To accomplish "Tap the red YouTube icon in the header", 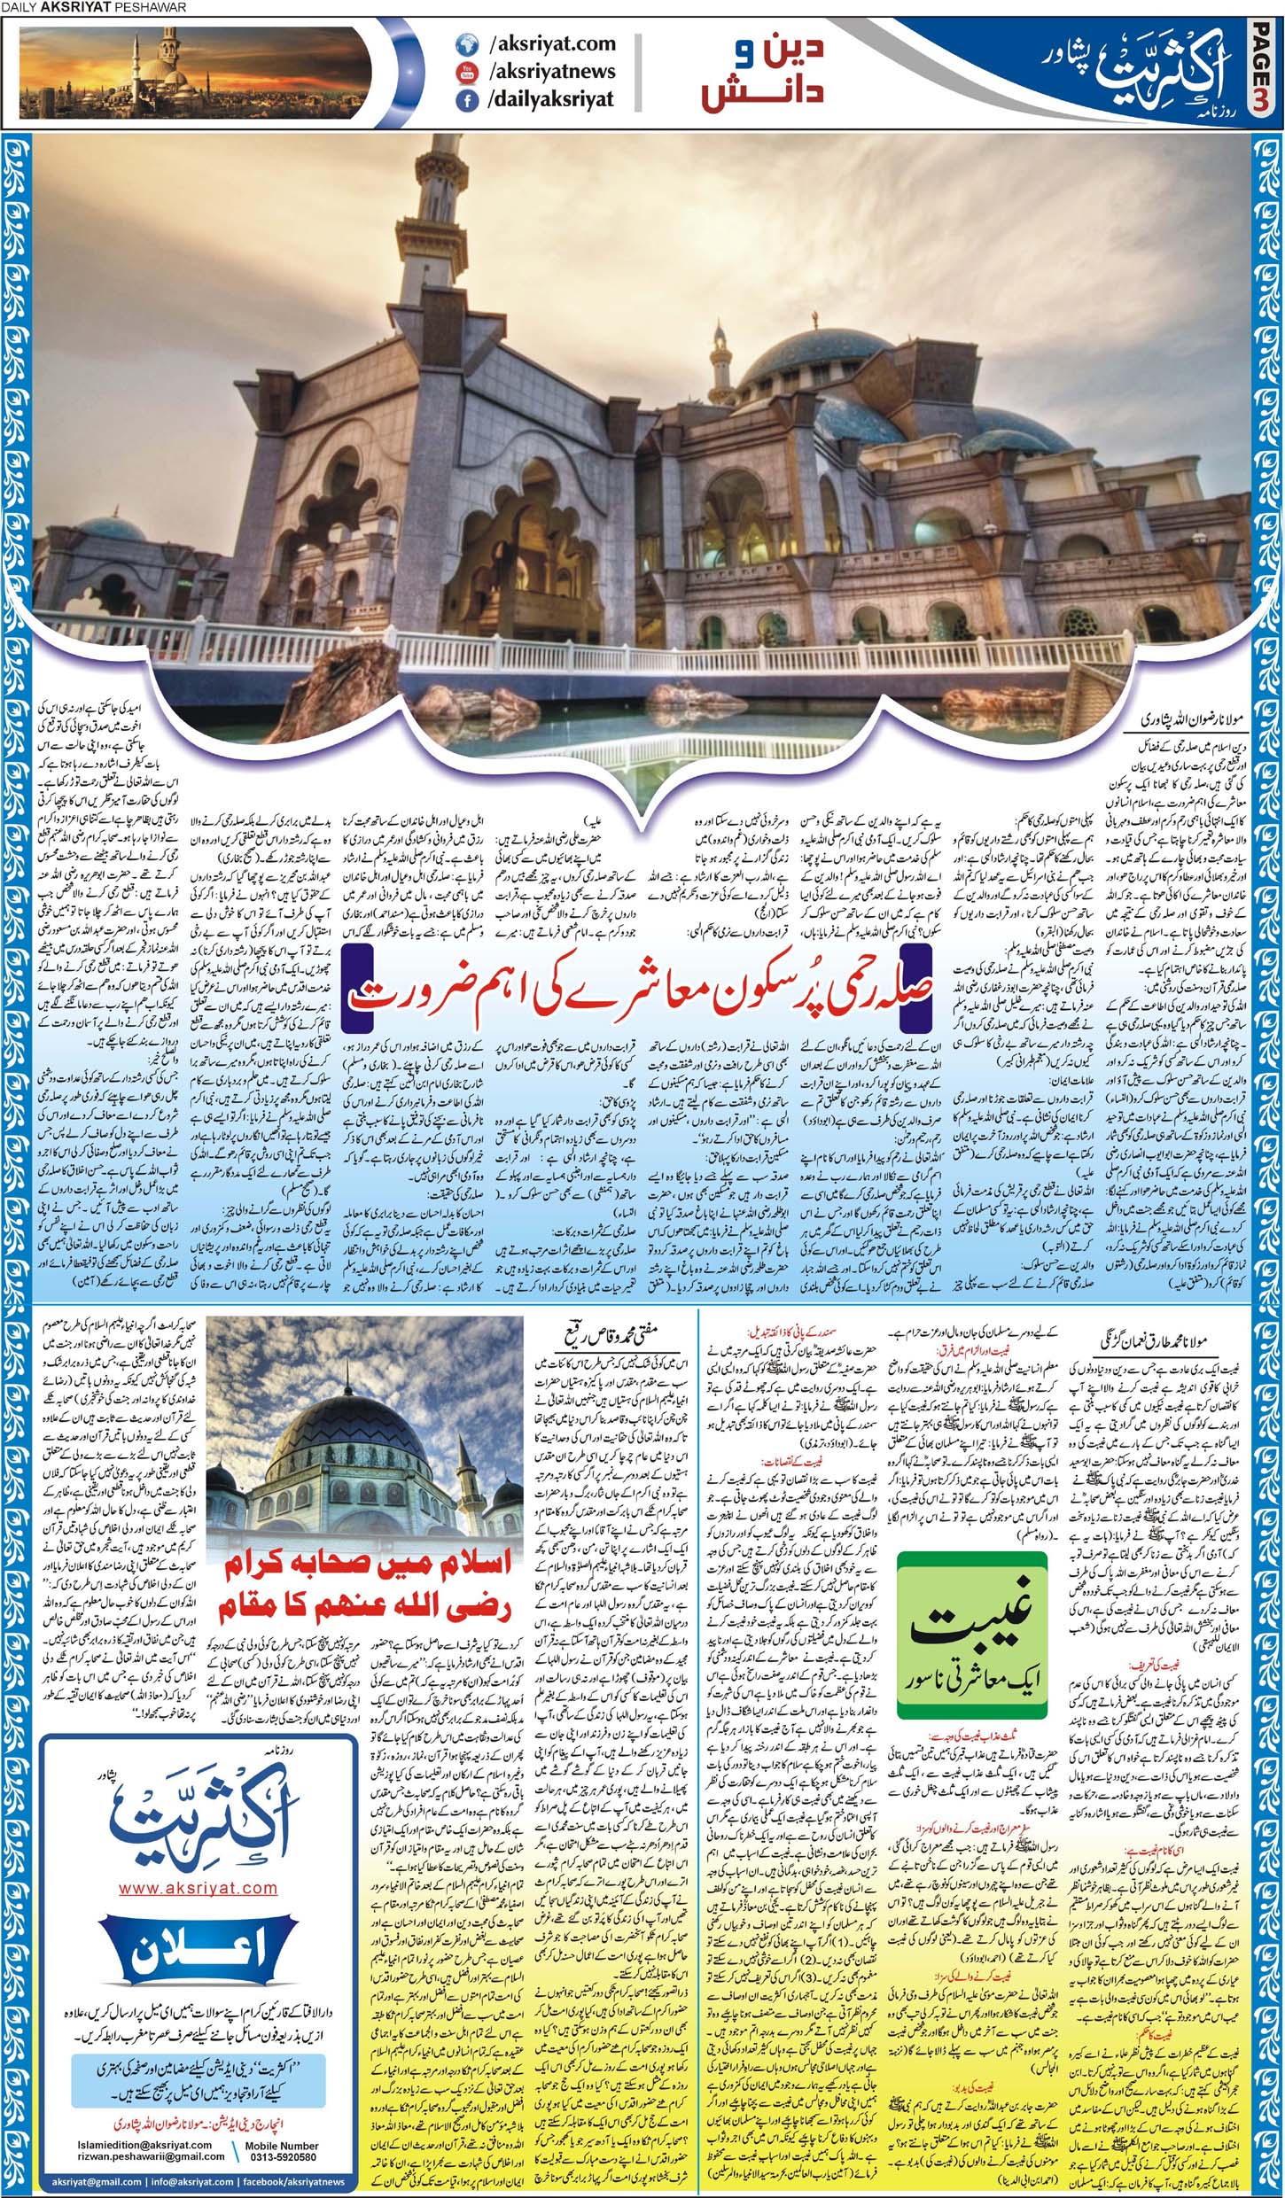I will (x=464, y=71).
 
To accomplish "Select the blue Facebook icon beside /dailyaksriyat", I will (x=464, y=99).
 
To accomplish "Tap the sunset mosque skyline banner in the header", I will (x=195, y=71).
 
